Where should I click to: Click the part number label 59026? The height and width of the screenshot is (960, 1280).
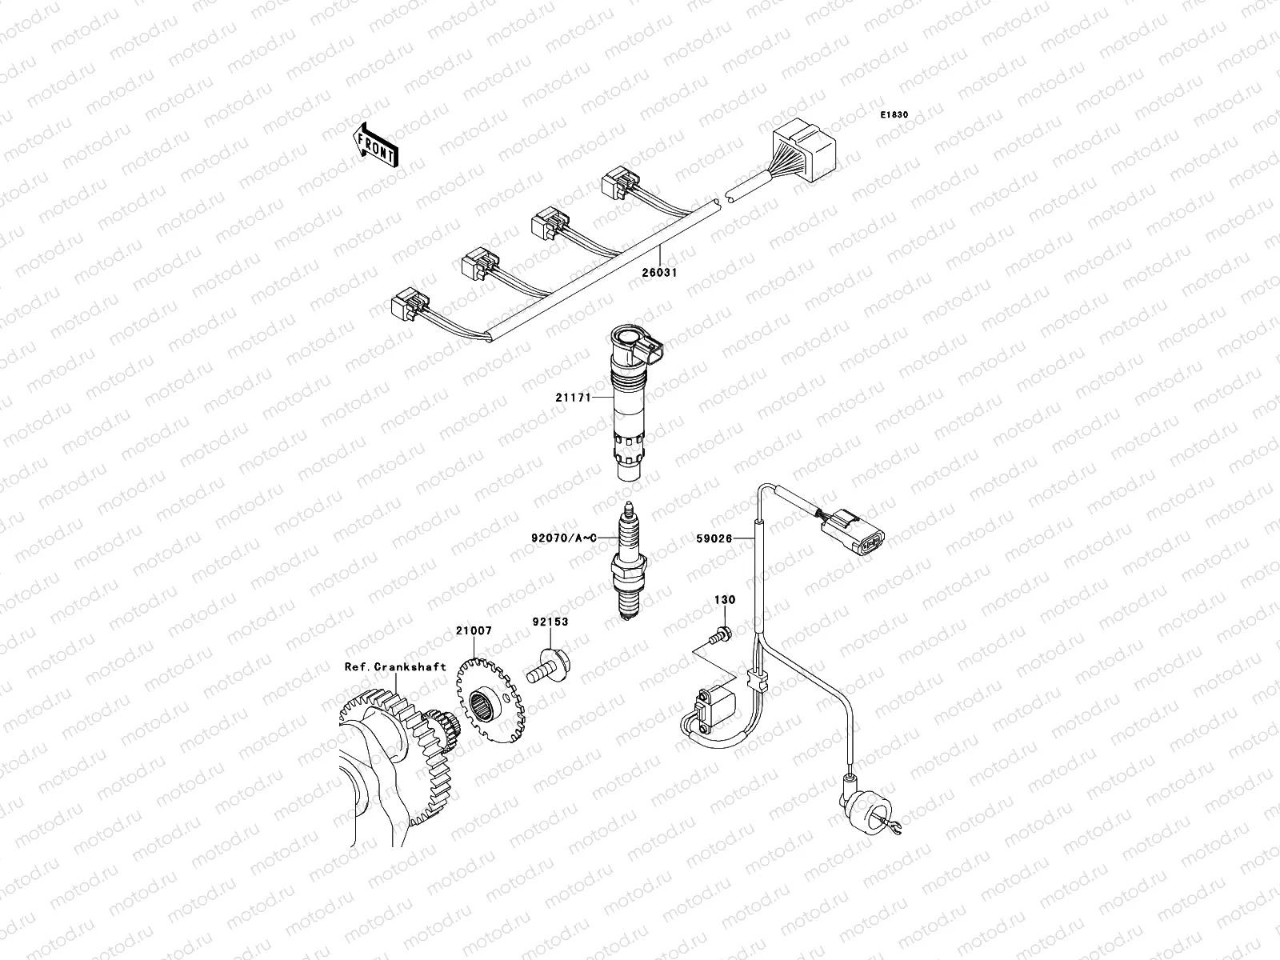(714, 539)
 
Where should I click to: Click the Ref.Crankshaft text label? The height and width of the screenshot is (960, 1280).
(395, 666)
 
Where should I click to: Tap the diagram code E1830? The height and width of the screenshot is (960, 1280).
(894, 115)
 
